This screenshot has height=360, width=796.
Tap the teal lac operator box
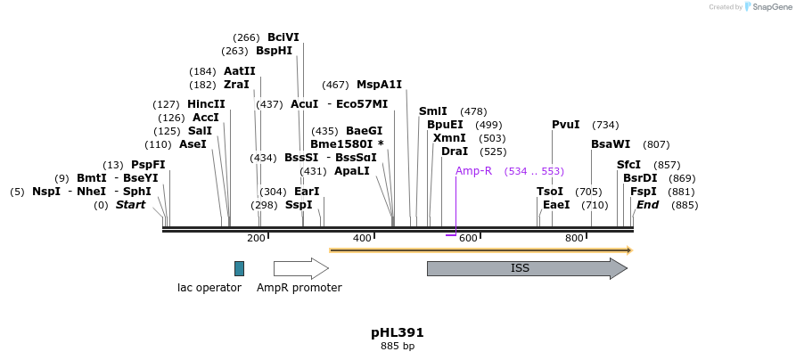pos(239,268)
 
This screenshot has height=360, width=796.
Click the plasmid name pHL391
pos(398,332)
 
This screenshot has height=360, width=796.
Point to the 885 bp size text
pos(398,346)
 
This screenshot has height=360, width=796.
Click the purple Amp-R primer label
pos(473,170)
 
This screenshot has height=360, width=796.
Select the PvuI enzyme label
pos(566,125)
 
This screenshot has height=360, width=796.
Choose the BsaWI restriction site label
pos(611,144)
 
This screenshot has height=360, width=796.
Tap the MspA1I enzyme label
pos(379,85)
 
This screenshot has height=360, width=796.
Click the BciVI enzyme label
pos(283,37)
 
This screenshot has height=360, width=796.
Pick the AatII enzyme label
pos(240,71)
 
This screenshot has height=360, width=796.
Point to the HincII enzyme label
pos(206,104)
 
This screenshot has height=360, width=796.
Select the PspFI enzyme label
pos(148,165)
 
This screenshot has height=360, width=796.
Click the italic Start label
pos(130,205)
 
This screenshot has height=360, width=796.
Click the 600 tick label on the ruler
pos(467,238)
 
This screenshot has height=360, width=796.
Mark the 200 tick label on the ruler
pos(256,238)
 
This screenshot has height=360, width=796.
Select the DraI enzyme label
pos(455,151)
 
